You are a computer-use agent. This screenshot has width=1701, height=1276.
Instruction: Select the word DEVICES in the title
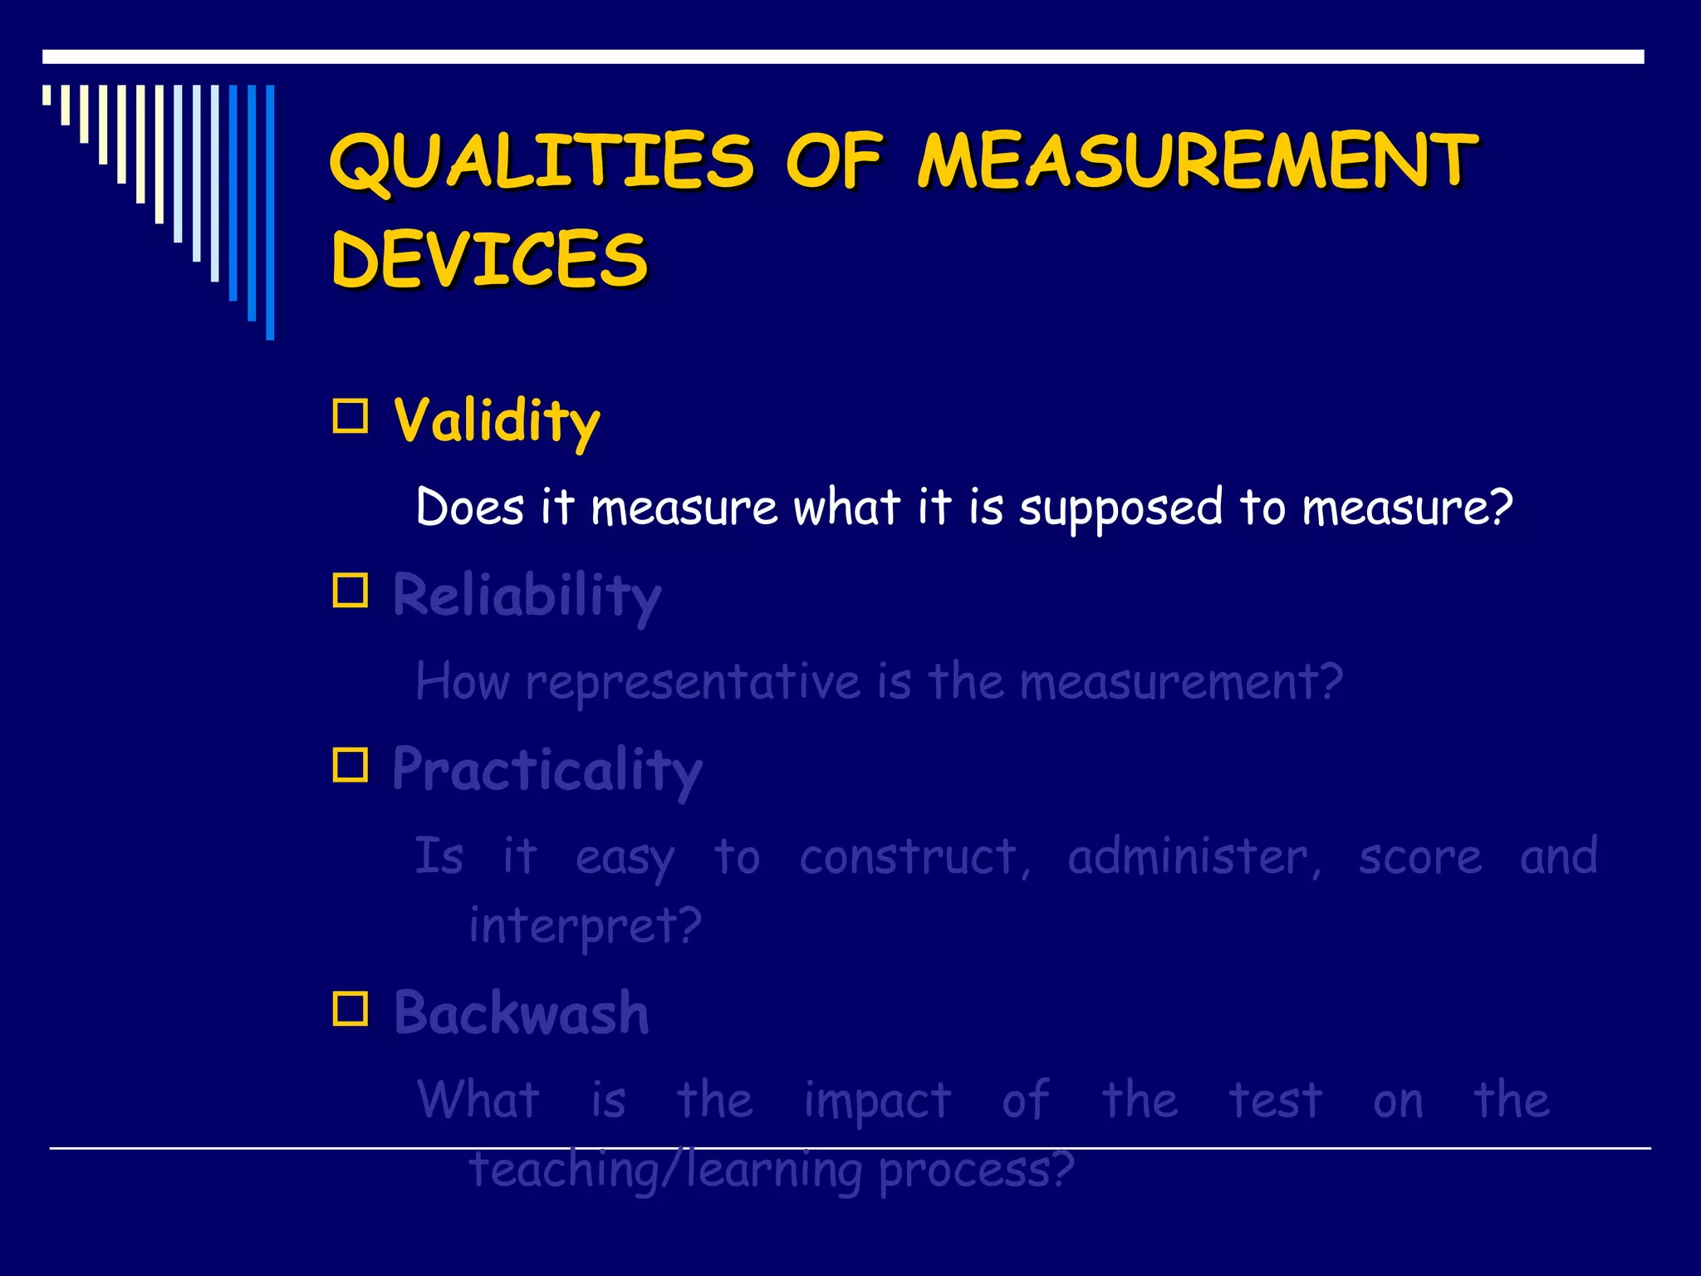pos(489,259)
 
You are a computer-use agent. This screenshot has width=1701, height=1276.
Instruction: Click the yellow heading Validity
pos(496,421)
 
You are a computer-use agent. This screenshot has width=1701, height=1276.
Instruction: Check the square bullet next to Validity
pos(350,416)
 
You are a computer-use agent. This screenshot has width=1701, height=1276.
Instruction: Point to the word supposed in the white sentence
pos(1120,508)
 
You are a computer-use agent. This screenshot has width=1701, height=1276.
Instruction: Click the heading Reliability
pos(527,596)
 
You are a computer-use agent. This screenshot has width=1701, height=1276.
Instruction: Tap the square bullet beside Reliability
pos(350,591)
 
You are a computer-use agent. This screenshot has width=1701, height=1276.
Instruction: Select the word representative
pos(693,683)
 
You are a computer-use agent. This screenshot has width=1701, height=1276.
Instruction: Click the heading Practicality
pos(547,770)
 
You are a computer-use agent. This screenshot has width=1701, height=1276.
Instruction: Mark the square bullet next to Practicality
pos(350,765)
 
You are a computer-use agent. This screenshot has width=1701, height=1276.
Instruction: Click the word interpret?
pos(585,925)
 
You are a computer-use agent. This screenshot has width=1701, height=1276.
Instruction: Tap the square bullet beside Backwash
pos(350,1009)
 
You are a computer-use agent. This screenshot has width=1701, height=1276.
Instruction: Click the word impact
pos(877,1102)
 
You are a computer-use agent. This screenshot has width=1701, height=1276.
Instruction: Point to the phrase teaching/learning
pos(665,1170)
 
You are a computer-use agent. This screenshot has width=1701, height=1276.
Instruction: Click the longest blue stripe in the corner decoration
pos(270,212)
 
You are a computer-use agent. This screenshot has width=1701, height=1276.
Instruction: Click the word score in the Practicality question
pos(1419,856)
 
